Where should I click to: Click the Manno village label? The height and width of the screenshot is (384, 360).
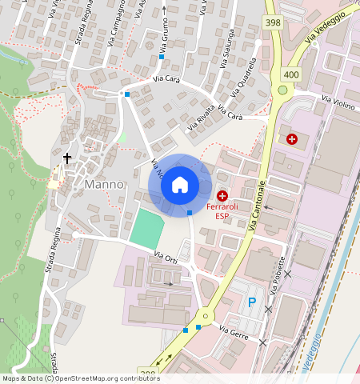pos(104,184)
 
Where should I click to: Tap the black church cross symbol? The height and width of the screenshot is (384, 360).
pos(68,158)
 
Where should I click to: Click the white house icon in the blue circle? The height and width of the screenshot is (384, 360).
pos(180,185)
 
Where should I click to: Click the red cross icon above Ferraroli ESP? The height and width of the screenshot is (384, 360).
pos(222,195)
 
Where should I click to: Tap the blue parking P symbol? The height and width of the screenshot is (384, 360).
pos(252,302)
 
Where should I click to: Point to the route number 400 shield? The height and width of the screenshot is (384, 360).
pos(290,74)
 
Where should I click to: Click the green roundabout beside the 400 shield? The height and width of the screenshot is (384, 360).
pos(282,90)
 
